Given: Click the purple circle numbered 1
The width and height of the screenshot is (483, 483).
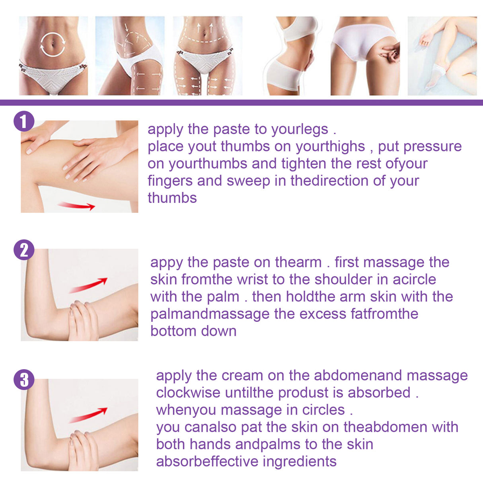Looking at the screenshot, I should click(24, 121).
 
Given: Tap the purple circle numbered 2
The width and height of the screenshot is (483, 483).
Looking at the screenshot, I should click(24, 250).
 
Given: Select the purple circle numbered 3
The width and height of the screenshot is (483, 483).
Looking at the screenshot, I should click(24, 379).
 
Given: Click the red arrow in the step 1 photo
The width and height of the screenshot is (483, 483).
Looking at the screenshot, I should click(76, 206).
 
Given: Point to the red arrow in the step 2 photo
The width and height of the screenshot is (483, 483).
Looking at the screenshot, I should click(88, 285).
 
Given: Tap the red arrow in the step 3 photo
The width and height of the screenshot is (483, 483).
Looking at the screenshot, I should click(88, 415).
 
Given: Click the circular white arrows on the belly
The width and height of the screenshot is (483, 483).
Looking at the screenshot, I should click(53, 45).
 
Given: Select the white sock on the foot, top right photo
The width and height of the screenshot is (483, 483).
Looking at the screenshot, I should click(434, 78).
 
